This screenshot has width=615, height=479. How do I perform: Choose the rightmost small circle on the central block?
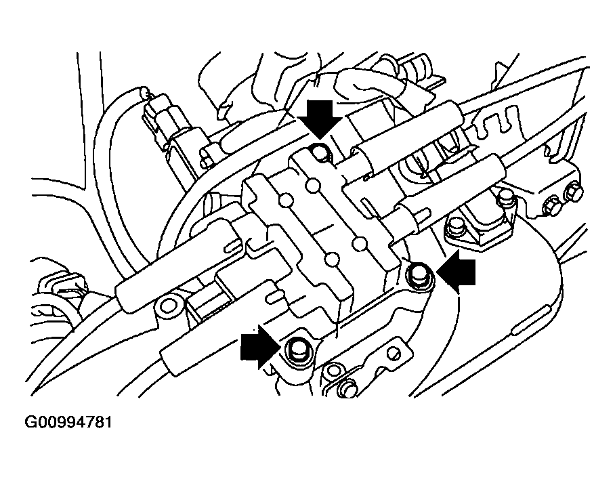(x=360, y=243)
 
